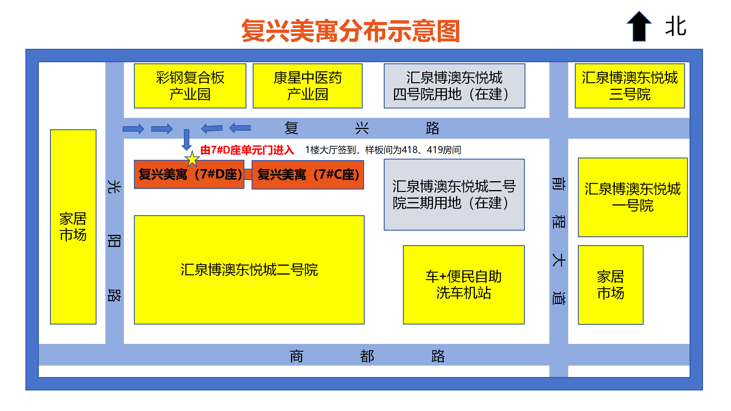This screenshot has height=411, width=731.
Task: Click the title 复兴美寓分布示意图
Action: pyautogui.click(x=350, y=31)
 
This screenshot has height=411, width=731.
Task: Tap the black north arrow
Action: pyautogui.click(x=639, y=27)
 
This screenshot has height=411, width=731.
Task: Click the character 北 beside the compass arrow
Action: pyautogui.click(x=676, y=26)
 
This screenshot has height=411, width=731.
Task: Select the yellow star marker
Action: pyautogui.click(x=192, y=159)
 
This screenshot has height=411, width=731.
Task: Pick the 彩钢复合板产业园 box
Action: pyautogui.click(x=190, y=86)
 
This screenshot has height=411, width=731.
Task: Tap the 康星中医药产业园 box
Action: pyautogui.click(x=308, y=86)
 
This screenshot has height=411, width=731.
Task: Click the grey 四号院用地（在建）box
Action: pyautogui.click(x=454, y=86)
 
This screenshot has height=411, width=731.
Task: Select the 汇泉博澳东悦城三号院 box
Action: pyautogui.click(x=630, y=86)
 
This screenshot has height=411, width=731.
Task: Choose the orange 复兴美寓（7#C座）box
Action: pyautogui.click(x=308, y=175)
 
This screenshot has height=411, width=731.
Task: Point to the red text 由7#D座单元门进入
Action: pyautogui.click(x=247, y=150)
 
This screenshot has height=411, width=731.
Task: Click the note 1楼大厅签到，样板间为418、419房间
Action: pyautogui.click(x=383, y=150)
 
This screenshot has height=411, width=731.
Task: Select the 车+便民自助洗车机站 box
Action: pyautogui.click(x=463, y=285)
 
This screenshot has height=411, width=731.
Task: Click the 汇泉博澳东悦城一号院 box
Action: pyautogui.click(x=632, y=197)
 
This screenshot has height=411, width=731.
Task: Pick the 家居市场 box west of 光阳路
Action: pyautogui.click(x=73, y=227)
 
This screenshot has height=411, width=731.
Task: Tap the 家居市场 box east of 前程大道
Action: pyautogui.click(x=610, y=285)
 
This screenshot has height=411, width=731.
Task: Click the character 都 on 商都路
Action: pyautogui.click(x=367, y=356)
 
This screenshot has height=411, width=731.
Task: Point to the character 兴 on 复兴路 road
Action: pyautogui.click(x=362, y=128)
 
